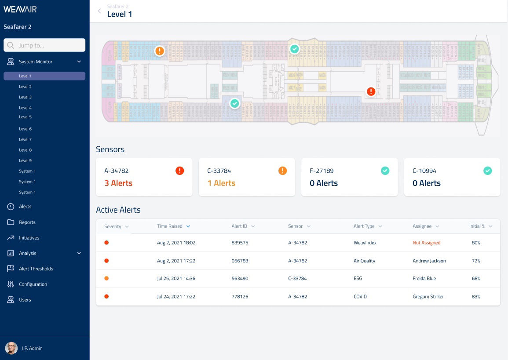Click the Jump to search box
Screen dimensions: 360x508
44,45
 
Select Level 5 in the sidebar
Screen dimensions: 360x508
25,117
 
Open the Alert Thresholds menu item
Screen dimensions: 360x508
36,269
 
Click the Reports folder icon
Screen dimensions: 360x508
11,222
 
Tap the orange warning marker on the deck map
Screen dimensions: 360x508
160,51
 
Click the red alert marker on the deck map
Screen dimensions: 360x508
371,91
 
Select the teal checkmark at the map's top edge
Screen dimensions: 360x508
295,49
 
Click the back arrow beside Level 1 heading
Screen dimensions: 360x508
99,11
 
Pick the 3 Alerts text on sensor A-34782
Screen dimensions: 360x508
118,183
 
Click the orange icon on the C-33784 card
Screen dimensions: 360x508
282,171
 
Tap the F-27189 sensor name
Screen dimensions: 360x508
322,171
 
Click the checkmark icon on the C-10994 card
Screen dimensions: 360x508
487,171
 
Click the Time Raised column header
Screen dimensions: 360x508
170,226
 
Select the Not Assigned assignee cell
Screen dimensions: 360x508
426,243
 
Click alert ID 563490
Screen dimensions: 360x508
240,279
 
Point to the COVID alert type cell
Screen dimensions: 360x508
360,297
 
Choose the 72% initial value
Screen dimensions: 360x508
476,261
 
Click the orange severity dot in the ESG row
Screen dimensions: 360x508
106,279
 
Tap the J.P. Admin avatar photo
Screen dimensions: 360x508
11,348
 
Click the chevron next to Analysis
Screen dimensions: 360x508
79,253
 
